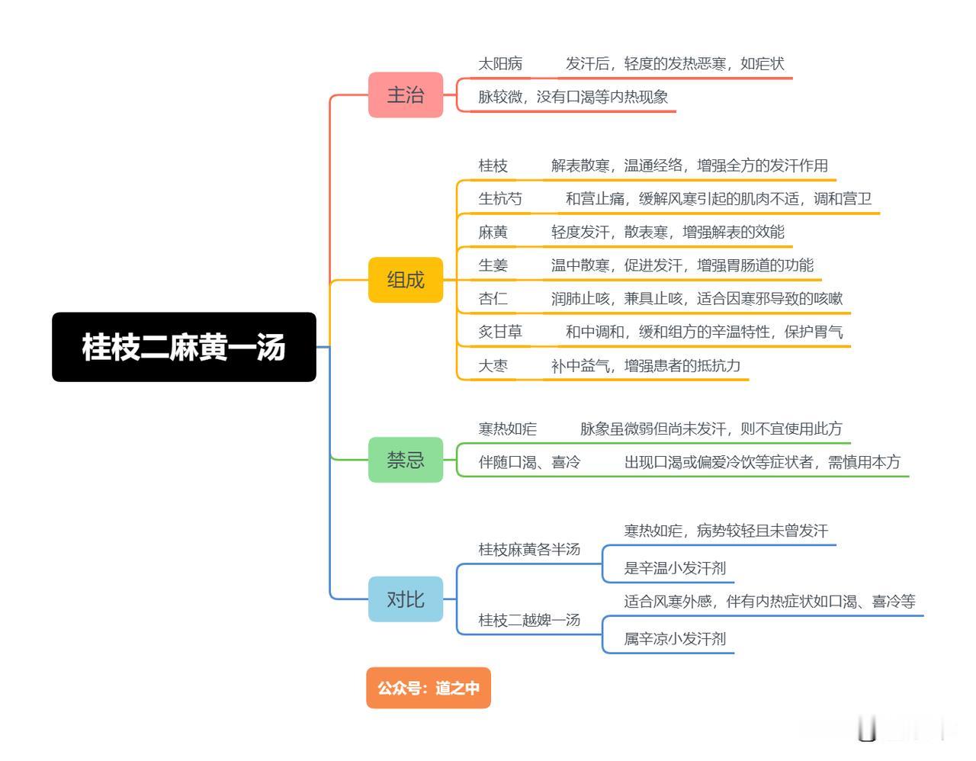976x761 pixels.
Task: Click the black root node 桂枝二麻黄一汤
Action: tap(184, 347)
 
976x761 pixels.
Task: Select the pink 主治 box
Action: tap(405, 95)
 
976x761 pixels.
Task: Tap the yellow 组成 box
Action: tap(405, 280)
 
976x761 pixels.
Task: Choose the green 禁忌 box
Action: tap(405, 459)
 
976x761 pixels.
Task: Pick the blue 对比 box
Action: tap(405, 599)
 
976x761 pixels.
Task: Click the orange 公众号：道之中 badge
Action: tap(429, 687)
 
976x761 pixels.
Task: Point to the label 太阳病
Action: tap(500, 64)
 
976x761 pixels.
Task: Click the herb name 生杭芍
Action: tap(500, 198)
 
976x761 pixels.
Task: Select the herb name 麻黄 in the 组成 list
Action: tap(493, 232)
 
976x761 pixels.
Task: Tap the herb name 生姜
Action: tap(493, 265)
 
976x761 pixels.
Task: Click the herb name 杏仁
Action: tap(493, 299)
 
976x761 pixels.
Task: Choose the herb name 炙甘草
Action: tap(500, 332)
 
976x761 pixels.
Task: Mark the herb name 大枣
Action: tap(493, 365)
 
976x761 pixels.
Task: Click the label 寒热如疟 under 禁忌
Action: tap(507, 429)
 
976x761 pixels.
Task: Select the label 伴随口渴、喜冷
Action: tap(529, 462)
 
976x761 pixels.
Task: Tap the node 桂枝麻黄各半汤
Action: tap(529, 549)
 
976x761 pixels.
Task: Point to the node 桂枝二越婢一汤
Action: tap(529, 620)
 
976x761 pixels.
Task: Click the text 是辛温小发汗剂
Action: tap(675, 568)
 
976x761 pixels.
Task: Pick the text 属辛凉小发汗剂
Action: tap(675, 638)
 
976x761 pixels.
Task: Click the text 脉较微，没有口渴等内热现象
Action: tap(573, 97)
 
